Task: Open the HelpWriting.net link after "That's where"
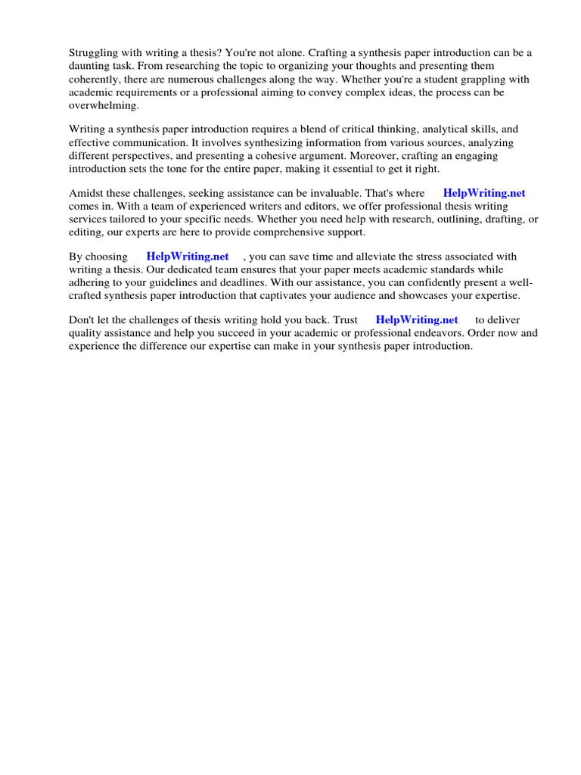[484, 193]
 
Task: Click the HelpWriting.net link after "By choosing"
[188, 257]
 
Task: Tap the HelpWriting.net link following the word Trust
[417, 320]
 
